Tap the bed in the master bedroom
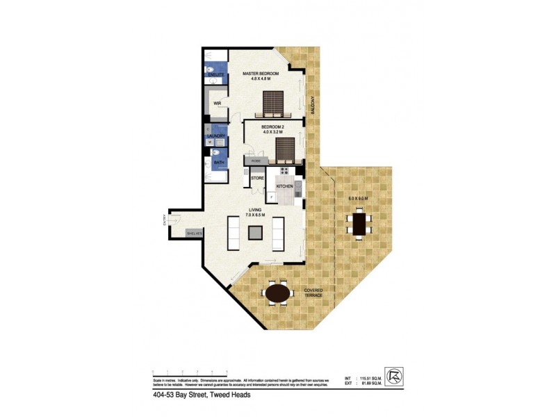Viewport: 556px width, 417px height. (x=272, y=105)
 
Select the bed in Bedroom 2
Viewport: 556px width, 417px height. (x=285, y=148)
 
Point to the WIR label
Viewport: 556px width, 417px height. (x=217, y=104)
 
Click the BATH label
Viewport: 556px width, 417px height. (x=219, y=163)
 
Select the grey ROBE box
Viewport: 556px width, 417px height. (x=256, y=161)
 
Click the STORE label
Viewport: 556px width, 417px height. (x=257, y=178)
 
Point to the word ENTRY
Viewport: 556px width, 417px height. (x=165, y=222)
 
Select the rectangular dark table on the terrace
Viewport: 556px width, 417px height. (x=359, y=224)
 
